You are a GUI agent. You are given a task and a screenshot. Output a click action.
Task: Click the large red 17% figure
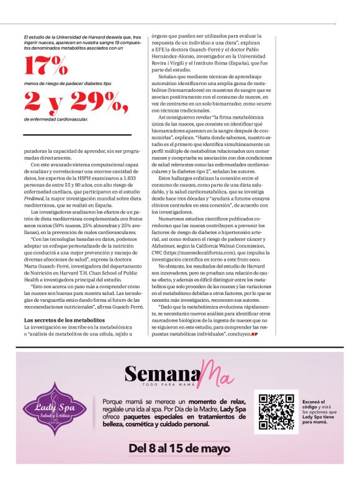point(47,65)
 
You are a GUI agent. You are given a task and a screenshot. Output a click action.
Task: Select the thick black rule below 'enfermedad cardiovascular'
point(77,134)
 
